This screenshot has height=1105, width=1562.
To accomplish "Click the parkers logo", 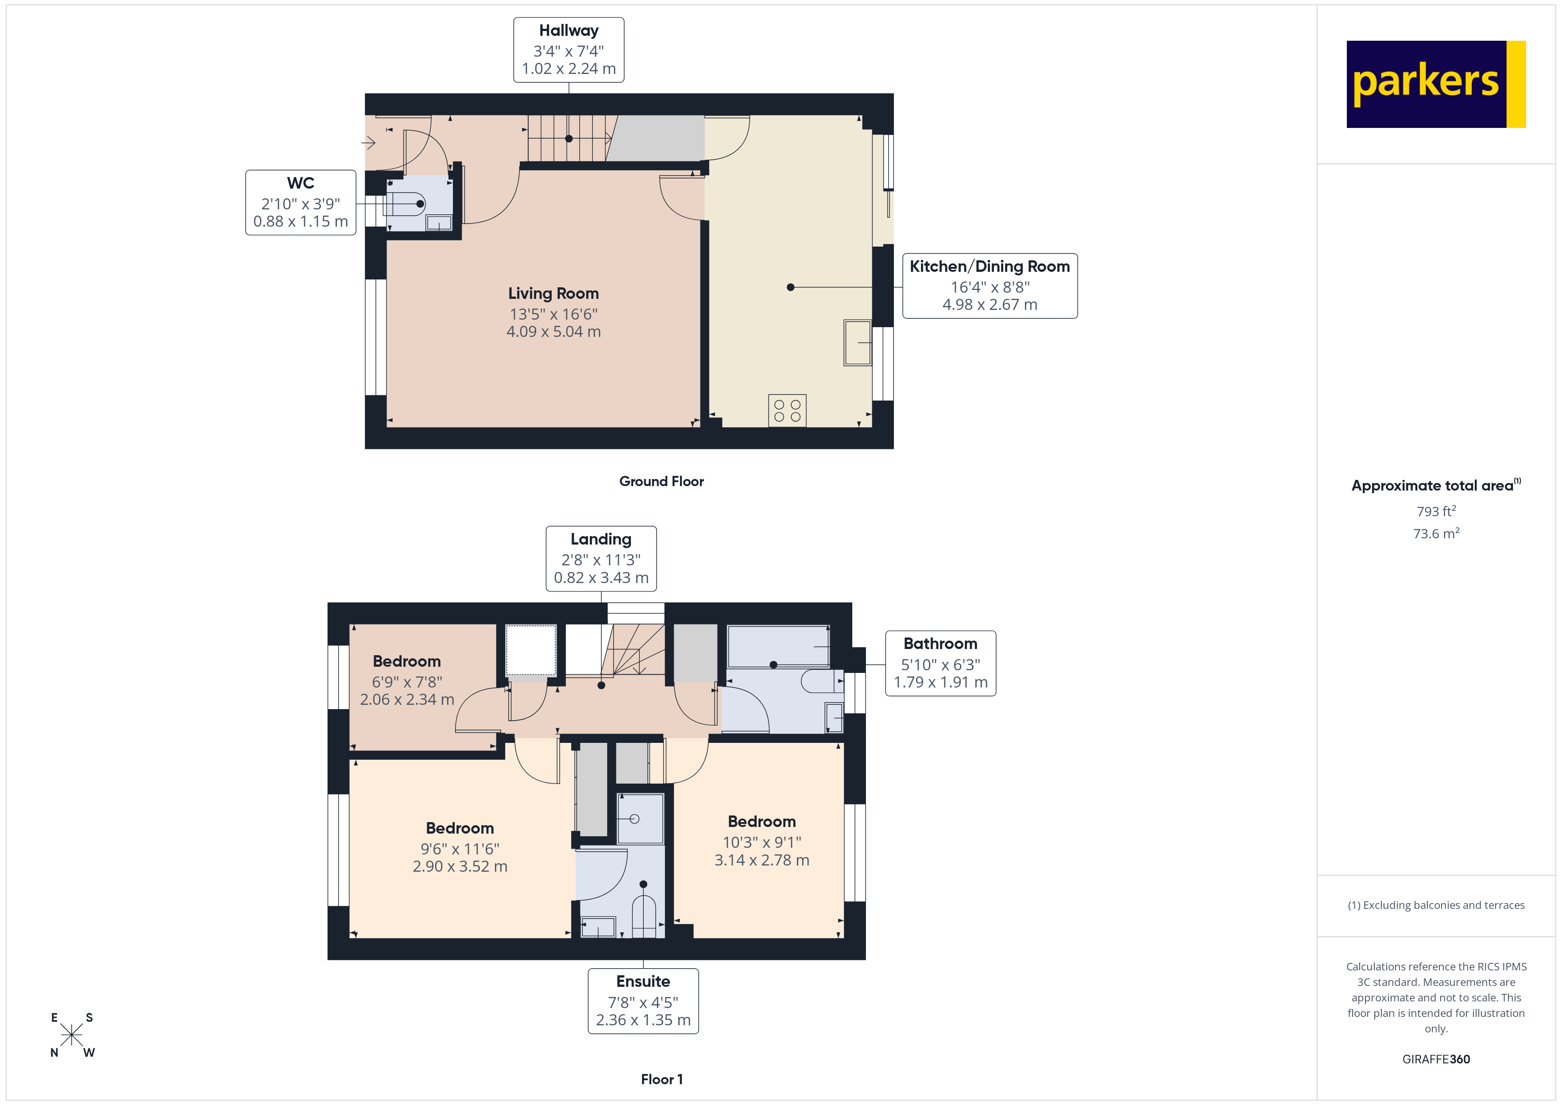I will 1435,84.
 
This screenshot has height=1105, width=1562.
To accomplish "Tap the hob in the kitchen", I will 787,410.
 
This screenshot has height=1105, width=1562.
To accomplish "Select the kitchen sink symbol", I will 857,342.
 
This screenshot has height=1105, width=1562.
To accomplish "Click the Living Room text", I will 553,293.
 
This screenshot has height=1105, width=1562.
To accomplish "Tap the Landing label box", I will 601,559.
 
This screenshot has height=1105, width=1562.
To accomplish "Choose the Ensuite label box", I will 643,1001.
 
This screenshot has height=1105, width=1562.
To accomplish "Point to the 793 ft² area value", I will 1435,511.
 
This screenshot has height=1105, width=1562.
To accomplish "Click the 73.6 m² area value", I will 1435,533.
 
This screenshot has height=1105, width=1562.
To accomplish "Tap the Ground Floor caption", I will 661,481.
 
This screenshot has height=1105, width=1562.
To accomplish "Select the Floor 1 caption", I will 661,1079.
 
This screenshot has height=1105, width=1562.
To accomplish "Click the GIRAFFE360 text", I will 1435,1059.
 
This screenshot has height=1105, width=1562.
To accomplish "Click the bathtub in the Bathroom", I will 777,646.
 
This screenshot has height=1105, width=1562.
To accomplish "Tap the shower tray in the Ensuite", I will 639,819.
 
